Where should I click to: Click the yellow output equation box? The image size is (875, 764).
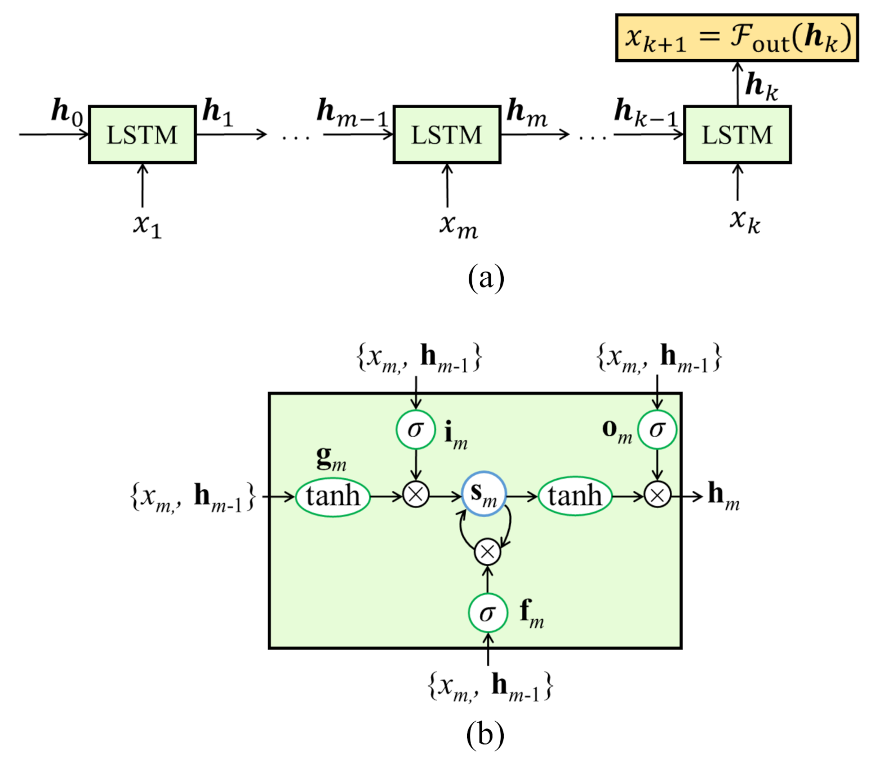(736, 38)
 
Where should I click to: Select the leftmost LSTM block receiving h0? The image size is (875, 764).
(142, 135)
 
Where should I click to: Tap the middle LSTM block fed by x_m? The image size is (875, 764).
(447, 135)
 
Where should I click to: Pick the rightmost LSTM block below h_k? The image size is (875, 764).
(737, 135)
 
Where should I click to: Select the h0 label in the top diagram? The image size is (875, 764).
(66, 111)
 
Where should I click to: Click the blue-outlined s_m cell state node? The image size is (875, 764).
(484, 494)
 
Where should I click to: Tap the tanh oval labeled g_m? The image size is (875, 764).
(332, 496)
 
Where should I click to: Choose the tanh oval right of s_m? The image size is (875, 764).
(575, 496)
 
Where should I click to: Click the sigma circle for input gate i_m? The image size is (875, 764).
(415, 430)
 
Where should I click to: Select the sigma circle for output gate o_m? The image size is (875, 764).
(657, 430)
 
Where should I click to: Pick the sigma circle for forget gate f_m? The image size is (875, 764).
(487, 613)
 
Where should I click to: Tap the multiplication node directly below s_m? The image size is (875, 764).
(487, 552)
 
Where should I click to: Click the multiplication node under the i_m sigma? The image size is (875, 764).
(416, 495)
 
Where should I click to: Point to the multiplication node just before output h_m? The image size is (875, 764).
(657, 495)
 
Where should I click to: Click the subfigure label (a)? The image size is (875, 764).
(486, 278)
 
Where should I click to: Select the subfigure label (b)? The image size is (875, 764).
(485, 734)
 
